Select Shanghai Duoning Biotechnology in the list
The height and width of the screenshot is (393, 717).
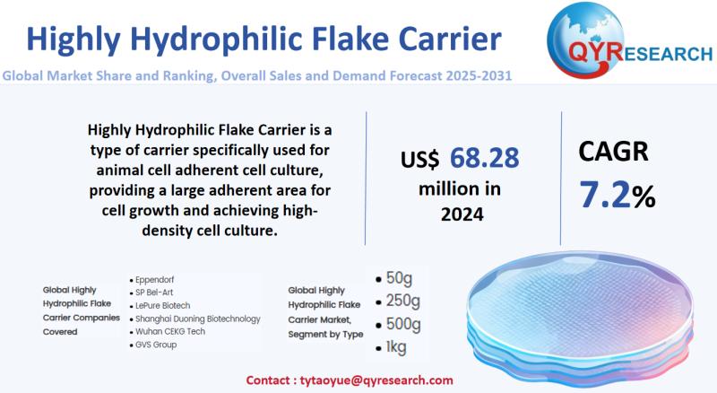tap(197, 318)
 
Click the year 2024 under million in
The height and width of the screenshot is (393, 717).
tap(462, 214)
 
